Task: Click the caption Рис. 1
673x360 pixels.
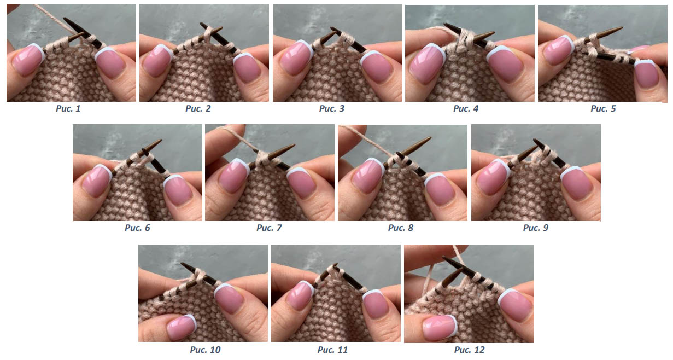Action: [x=68, y=108]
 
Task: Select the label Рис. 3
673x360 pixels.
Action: [x=332, y=108]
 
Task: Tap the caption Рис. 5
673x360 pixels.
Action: [x=603, y=108]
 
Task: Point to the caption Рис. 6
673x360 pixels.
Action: [x=137, y=228]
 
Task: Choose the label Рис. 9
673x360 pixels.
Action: [x=536, y=228]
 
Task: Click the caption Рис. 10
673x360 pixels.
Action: [x=205, y=350]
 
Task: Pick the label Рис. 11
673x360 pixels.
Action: [x=332, y=350]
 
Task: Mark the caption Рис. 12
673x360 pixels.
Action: [x=469, y=350]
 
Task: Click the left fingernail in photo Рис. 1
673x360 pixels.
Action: [x=28, y=59]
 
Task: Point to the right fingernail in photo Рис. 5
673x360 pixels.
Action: [x=647, y=74]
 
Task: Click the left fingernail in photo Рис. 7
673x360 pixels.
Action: [x=233, y=176]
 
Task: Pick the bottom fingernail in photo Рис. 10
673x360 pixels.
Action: [x=182, y=327]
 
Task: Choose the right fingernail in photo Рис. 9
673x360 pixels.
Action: [x=577, y=183]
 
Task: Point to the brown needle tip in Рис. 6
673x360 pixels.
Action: [x=161, y=140]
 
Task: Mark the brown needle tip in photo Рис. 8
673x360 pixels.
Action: [x=430, y=138]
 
